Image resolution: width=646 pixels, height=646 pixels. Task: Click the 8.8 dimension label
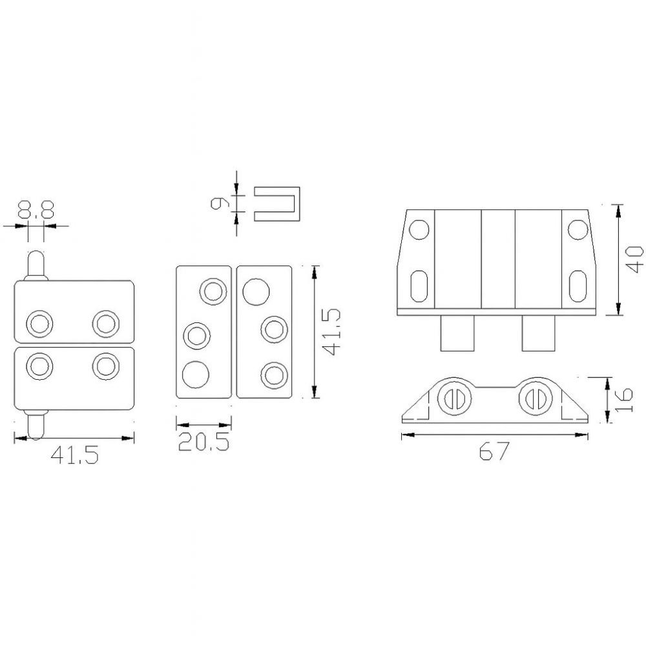point(36,210)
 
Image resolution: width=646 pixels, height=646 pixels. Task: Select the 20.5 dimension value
point(204,441)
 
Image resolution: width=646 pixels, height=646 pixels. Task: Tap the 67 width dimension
point(494,451)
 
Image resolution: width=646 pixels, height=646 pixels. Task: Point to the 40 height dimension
point(634,259)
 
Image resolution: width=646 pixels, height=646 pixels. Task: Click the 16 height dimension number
point(623,400)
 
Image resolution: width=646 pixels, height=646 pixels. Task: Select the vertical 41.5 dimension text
point(331,331)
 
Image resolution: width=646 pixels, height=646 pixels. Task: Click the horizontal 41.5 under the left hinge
point(74,455)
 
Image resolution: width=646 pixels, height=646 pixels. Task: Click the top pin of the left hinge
point(36,265)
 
